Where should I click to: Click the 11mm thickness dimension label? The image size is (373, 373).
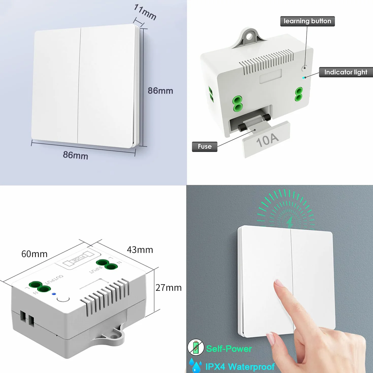[145, 12]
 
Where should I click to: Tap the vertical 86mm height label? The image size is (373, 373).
[160, 91]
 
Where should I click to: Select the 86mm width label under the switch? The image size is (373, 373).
[76, 155]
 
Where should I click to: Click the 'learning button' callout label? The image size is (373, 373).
[307, 21]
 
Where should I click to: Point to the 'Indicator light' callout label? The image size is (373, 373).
[346, 72]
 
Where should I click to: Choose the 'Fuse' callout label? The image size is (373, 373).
[205, 146]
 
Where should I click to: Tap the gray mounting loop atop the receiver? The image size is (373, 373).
[249, 38]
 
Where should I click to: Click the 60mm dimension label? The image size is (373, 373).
[35, 254]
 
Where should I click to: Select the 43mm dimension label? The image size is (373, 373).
[140, 250]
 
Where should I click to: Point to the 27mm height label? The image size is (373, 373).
[168, 288]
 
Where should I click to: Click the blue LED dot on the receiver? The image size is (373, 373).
[54, 294]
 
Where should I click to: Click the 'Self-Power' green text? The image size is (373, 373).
[229, 349]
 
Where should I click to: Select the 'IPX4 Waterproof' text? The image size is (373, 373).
[240, 366]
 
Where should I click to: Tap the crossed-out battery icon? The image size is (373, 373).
[196, 347]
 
